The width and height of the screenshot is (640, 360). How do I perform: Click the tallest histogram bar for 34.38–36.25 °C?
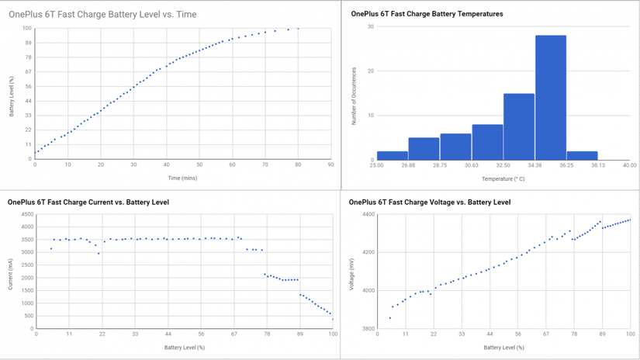[551, 98]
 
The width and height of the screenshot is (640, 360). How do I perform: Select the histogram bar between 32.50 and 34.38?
[519, 127]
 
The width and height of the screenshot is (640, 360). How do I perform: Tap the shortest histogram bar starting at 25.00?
[393, 155]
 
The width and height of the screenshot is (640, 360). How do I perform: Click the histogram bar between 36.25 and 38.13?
[582, 155]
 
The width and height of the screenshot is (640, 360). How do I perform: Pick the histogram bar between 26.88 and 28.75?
[424, 149]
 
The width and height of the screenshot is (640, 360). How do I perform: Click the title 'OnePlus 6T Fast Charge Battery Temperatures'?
[427, 14]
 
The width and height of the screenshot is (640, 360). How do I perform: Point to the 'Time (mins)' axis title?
[182, 178]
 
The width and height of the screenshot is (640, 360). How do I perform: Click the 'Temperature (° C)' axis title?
[503, 178]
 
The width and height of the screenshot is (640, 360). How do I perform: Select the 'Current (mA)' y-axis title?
[11, 275]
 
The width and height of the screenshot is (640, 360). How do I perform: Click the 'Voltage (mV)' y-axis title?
[351, 275]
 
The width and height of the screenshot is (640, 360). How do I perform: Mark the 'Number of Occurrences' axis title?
[354, 96]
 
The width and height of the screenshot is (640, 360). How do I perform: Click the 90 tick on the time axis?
[330, 164]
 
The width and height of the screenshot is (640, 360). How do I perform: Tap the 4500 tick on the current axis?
[27, 214]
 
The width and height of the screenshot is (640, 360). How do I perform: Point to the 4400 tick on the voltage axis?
[368, 214]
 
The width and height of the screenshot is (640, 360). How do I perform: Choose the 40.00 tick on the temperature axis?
[629, 165]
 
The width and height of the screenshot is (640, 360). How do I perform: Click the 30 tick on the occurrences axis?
[371, 26]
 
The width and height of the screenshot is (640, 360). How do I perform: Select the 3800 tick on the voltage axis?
[368, 328]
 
